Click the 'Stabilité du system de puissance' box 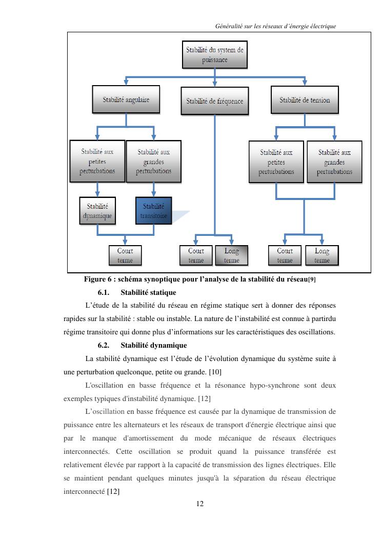[214, 55]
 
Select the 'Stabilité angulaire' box [126, 99]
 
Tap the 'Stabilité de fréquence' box [214, 101]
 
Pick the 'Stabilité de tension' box [305, 99]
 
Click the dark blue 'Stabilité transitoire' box [154, 211]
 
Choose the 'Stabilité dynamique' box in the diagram [97, 211]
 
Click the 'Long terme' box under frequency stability [231, 255]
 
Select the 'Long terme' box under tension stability [322, 255]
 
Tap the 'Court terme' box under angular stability [125, 255]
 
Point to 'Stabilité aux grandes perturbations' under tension [334, 162]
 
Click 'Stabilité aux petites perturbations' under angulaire [97, 161]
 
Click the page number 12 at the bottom [200, 504]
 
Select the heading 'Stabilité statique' [148, 292]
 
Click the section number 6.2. [104, 345]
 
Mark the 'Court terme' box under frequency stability [196, 255]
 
